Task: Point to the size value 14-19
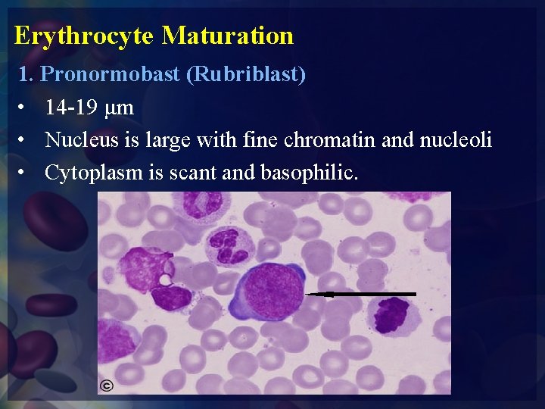pyautogui.click(x=70, y=108)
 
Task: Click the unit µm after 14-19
pyautogui.click(x=120, y=108)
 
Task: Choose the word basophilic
pyautogui.click(x=309, y=173)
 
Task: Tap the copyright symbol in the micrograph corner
pyautogui.click(x=107, y=386)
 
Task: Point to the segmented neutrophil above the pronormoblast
pyautogui.click(x=228, y=247)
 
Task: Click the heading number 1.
pyautogui.click(x=24, y=76)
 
